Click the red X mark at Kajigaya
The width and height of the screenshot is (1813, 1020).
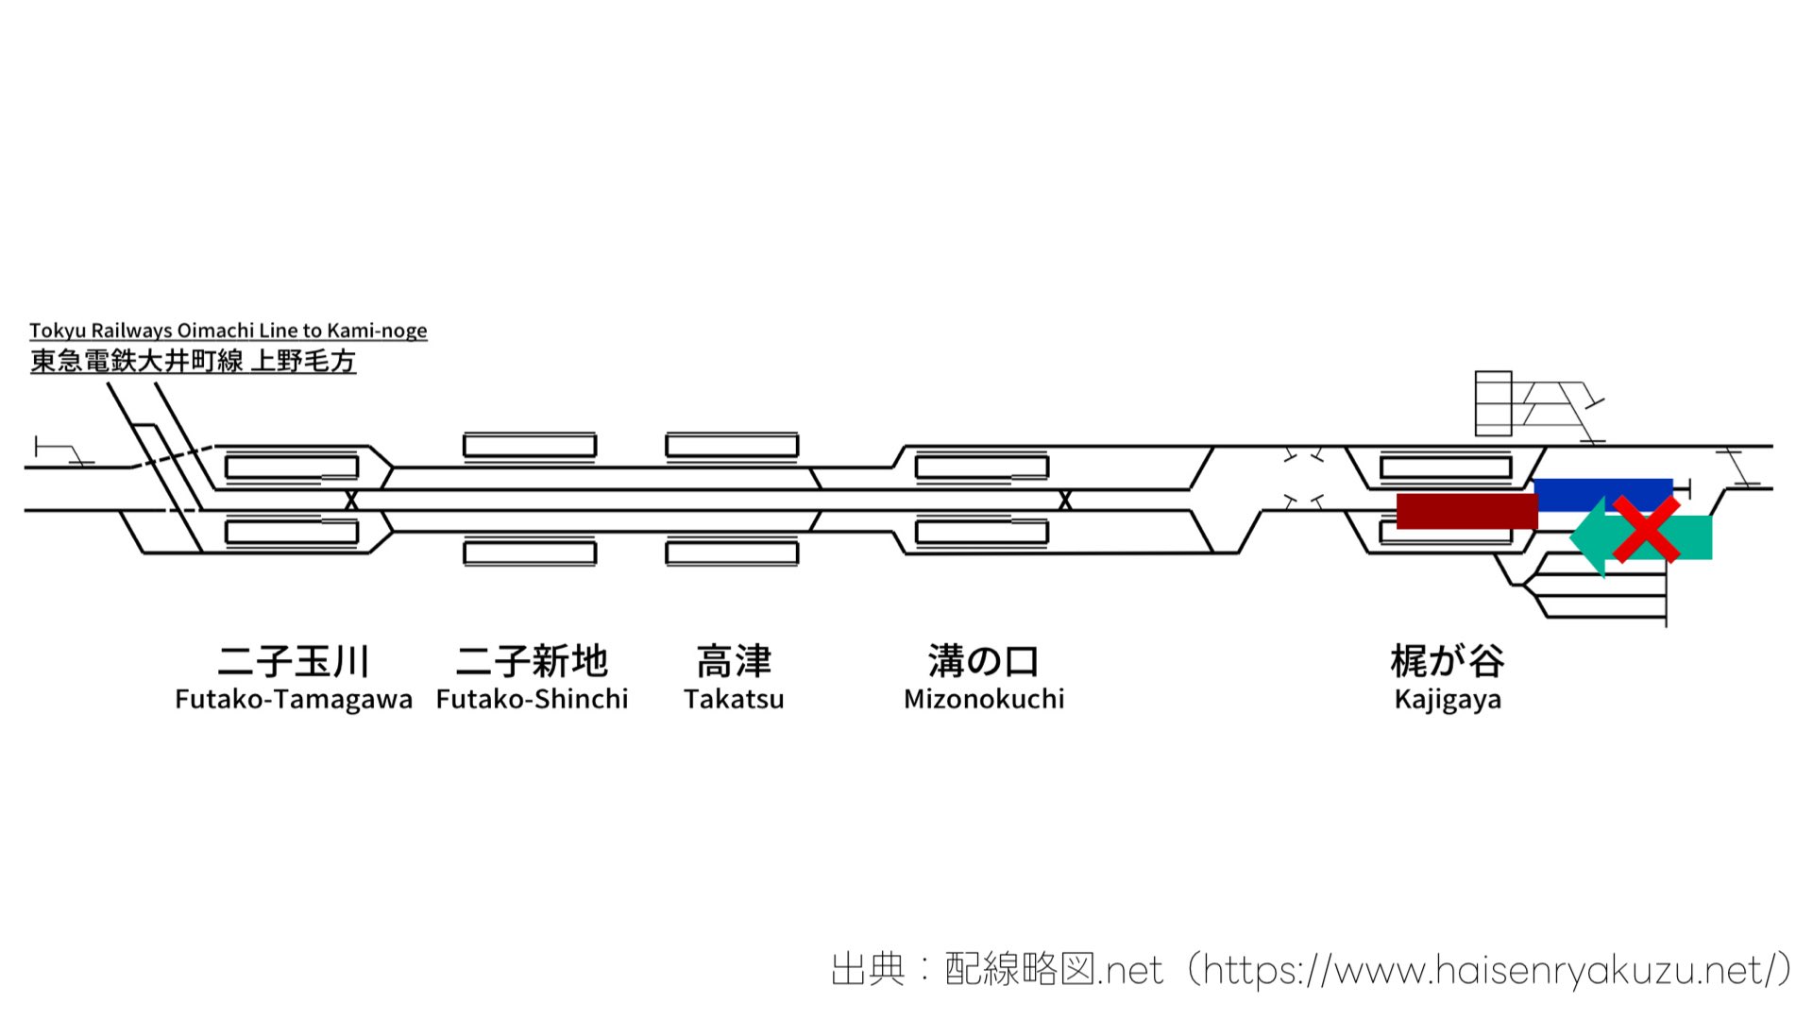1646,529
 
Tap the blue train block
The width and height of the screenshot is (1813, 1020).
1603,492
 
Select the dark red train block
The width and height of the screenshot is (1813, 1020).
1466,511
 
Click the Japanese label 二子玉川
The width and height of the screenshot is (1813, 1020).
293,661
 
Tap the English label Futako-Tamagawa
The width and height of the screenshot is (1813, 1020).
294,700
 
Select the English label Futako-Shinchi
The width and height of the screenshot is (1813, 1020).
532,700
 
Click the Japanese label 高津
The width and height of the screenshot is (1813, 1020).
734,661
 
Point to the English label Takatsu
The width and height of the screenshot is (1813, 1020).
734,700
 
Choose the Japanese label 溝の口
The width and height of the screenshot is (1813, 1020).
983,661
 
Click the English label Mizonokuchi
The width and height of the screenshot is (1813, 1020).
983,700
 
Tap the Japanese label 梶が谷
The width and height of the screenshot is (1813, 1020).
1447,661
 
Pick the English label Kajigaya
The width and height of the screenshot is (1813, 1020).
1447,701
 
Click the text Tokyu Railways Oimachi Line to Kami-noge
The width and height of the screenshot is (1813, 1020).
228,331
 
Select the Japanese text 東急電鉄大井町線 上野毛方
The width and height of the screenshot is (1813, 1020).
193,361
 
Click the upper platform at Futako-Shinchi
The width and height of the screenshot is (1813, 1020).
530,445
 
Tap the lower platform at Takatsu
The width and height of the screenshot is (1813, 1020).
732,552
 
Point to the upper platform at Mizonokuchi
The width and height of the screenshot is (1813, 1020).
982,467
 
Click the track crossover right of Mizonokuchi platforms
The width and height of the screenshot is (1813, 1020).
1065,501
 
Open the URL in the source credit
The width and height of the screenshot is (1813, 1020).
1488,970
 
